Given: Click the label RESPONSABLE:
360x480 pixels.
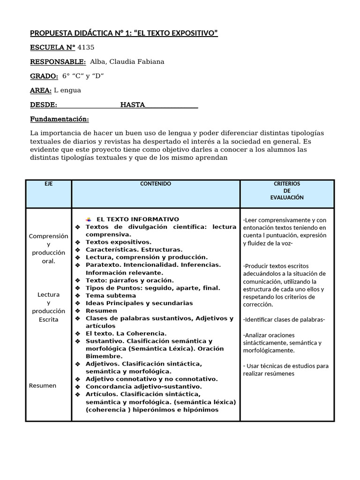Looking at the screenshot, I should point(58,62).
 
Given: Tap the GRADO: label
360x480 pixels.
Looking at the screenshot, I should point(44,76).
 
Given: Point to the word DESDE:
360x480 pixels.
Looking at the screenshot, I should point(44,105).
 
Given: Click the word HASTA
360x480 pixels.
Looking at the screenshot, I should point(133,105).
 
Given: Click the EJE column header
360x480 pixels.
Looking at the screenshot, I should point(49,184).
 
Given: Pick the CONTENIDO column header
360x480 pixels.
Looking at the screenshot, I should point(156,184).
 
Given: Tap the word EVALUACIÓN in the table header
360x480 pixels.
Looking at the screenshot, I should point(287,198).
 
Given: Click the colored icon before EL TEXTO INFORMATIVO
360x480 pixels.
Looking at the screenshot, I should point(89,219).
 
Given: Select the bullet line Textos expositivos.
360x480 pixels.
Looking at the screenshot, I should point(119,242).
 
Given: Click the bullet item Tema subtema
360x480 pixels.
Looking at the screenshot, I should point(111,295).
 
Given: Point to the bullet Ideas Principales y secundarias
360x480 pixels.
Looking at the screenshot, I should point(139,303).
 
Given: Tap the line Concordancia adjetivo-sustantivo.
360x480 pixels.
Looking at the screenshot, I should point(143,387).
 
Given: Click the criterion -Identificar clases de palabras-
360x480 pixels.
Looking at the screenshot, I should point(284,320).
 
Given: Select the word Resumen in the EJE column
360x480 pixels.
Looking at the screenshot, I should point(43,386).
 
